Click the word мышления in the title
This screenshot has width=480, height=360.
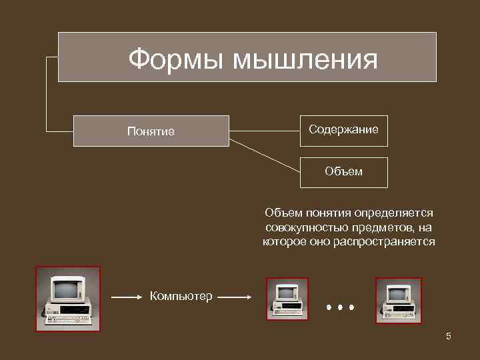tap(305, 61)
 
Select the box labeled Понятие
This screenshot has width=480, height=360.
tap(151, 131)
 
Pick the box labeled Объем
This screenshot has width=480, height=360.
tap(343, 171)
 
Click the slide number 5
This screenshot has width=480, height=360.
tap(449, 336)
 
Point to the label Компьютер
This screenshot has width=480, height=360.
tap(181, 296)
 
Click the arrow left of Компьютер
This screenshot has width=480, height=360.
tap(127, 296)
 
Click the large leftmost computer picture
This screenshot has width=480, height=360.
tap(67, 299)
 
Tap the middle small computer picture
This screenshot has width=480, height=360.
tap(287, 299)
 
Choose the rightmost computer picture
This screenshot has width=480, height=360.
tap(397, 299)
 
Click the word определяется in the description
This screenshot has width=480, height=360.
tap(393, 213)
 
